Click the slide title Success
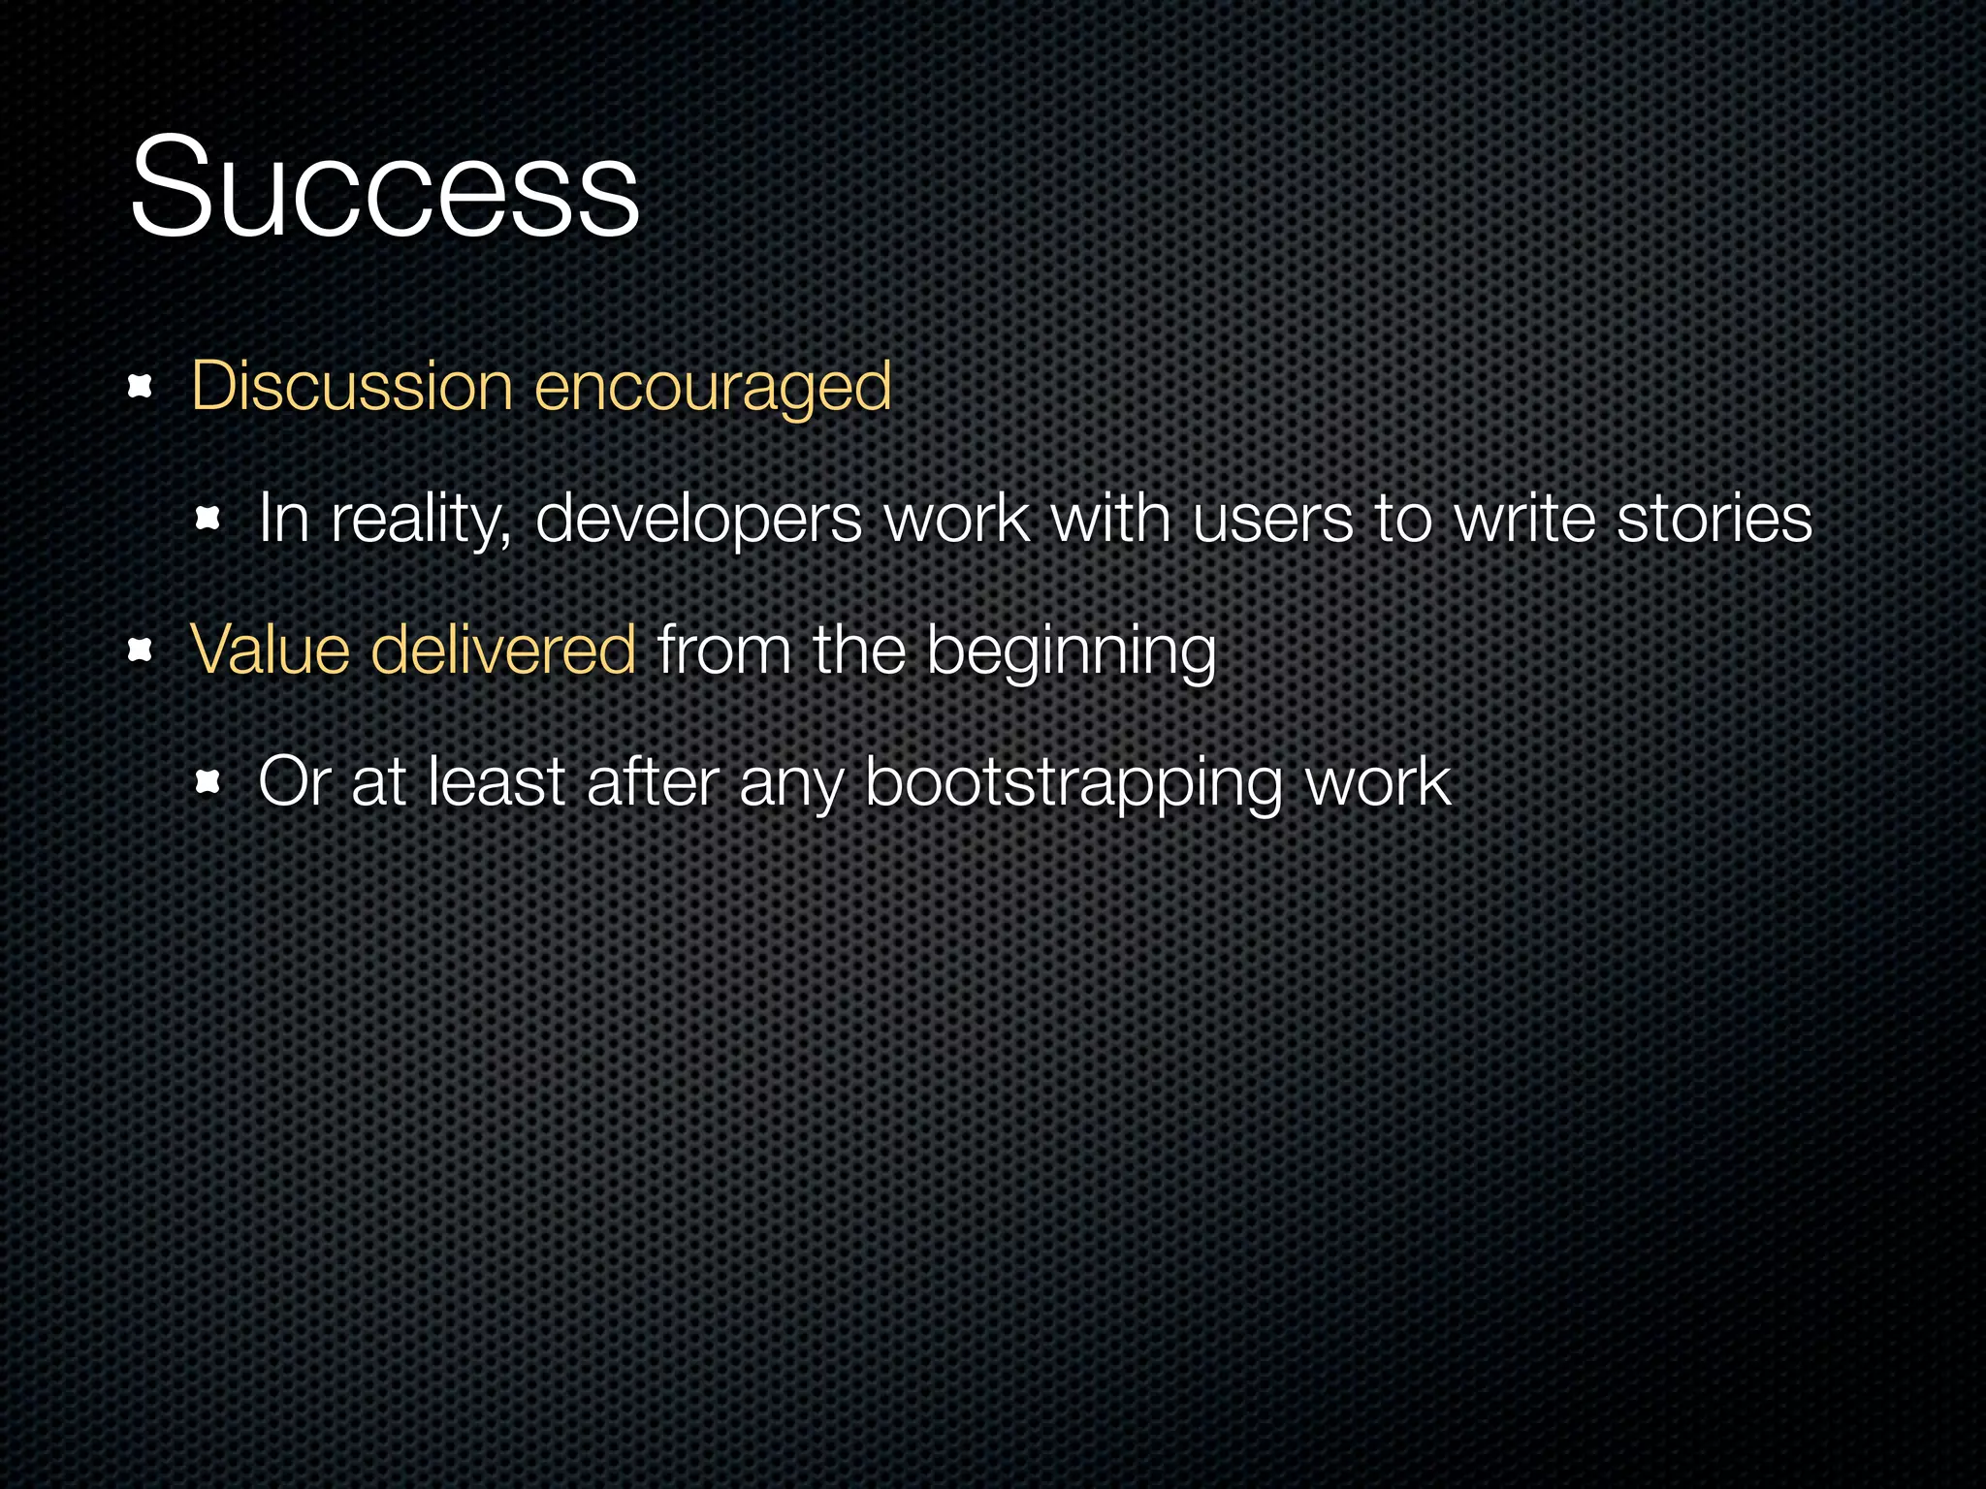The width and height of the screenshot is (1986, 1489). tap(384, 186)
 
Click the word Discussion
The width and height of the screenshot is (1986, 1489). tap(351, 386)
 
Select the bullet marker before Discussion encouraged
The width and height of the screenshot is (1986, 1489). tap(141, 388)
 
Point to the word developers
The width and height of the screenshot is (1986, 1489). tap(697, 520)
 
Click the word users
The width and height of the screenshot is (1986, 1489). tap(1271, 520)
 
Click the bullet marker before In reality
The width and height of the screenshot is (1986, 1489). tap(208, 520)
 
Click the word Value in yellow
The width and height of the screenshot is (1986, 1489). tap(270, 649)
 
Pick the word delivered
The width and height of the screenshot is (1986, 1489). tap(503, 649)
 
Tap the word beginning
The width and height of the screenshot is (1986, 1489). tap(1071, 651)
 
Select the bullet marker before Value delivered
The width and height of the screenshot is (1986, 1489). tap(141, 650)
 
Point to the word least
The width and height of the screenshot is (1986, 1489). tap(496, 781)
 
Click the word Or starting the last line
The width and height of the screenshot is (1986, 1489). tap(295, 781)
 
